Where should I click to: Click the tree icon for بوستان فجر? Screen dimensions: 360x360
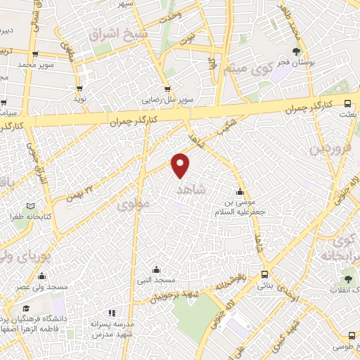297,51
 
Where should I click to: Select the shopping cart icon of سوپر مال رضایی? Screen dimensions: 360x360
167,89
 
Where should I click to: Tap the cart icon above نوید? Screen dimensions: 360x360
79,89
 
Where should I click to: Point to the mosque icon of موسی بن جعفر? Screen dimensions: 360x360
240,192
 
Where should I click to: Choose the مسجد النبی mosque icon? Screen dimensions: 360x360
156,270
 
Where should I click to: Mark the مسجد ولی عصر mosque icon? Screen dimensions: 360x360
42,276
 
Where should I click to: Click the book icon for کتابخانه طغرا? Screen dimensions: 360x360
30,207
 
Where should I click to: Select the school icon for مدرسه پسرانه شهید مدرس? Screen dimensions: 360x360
109,313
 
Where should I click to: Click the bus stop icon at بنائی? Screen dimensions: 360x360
264,275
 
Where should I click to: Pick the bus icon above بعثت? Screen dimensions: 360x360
348,103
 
